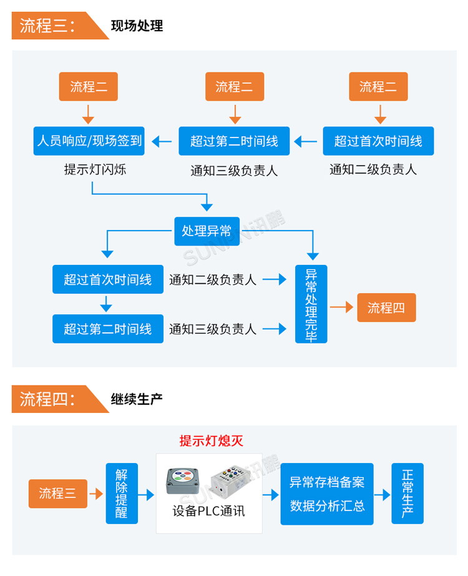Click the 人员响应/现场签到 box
89,141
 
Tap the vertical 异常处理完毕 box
311,304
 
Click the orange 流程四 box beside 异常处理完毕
386,307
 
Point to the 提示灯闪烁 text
95,169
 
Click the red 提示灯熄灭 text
211,441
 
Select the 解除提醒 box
121,494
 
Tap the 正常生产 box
407,494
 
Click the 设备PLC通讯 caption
208,511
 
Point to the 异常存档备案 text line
326,482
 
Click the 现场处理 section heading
137,26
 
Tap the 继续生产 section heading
137,399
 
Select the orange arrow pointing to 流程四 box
341,307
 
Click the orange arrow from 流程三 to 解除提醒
96,494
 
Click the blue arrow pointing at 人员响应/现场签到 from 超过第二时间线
162,142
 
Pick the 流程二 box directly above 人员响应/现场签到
88,87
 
